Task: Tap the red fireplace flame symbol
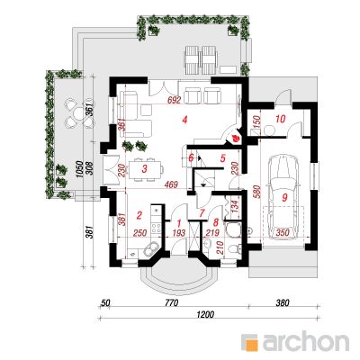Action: click(236, 139)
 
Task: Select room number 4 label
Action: click(184, 121)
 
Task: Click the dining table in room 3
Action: click(145, 170)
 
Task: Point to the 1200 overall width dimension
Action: click(205, 315)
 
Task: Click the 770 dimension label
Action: click(171, 303)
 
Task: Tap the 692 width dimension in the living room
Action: click(175, 100)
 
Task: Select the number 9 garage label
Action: click(284, 197)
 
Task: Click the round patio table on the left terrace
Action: click(78, 113)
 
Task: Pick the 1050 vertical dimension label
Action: click(78, 170)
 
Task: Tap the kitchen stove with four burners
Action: click(157, 228)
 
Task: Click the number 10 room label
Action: click(280, 119)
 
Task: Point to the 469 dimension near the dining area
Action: click(172, 184)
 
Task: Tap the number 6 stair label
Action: click(191, 157)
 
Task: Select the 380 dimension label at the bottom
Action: click(282, 303)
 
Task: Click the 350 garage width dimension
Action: click(283, 232)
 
